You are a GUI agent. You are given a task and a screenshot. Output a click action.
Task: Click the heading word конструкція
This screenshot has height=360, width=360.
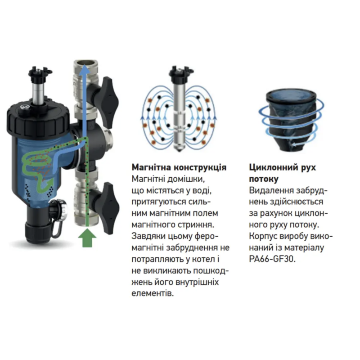click(x=200, y=167)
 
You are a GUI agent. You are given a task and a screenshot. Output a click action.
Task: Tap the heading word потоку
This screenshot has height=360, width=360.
click(x=264, y=179)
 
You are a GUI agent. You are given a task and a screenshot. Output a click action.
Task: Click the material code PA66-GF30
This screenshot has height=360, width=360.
click(x=272, y=259)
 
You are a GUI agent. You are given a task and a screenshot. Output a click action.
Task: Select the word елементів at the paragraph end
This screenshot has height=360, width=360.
click(x=153, y=294)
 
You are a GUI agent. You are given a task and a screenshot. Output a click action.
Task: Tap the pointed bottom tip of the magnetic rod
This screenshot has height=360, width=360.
click(x=179, y=151)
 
